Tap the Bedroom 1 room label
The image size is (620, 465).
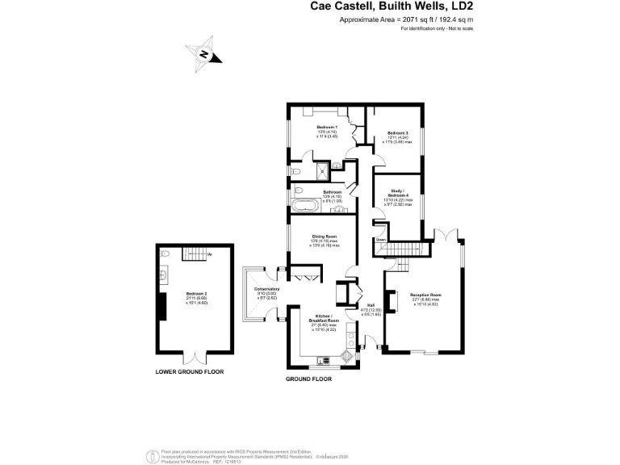tap(327, 128)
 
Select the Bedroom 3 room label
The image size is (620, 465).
tap(397, 132)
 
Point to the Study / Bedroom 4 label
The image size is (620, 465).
tap(397, 191)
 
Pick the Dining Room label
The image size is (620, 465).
tap(324, 237)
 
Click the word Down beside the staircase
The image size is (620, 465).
tap(381, 239)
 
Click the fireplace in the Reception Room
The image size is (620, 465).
tap(393, 302)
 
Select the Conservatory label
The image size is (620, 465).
tap(266, 289)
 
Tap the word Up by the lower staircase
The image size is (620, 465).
tap(209, 255)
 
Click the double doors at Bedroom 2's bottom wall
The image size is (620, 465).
tap(198, 354)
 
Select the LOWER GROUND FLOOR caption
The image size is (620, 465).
tap(190, 371)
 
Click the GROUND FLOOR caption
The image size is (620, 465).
tap(310, 378)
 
